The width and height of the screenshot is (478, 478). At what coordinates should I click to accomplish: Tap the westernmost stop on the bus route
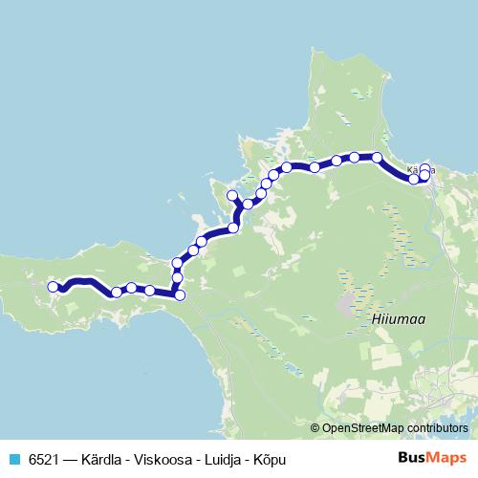(54, 286)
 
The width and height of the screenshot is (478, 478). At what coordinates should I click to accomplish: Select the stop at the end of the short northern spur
(230, 196)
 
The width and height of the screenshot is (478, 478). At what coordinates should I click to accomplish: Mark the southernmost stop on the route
(180, 294)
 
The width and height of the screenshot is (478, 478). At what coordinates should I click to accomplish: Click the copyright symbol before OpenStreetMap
(316, 427)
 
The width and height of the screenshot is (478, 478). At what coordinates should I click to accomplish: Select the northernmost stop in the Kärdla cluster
(424, 168)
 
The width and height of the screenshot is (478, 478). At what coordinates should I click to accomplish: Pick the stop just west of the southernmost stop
(150, 290)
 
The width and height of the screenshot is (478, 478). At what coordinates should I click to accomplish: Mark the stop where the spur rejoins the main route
(235, 228)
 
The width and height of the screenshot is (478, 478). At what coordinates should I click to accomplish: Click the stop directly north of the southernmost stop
(177, 277)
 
